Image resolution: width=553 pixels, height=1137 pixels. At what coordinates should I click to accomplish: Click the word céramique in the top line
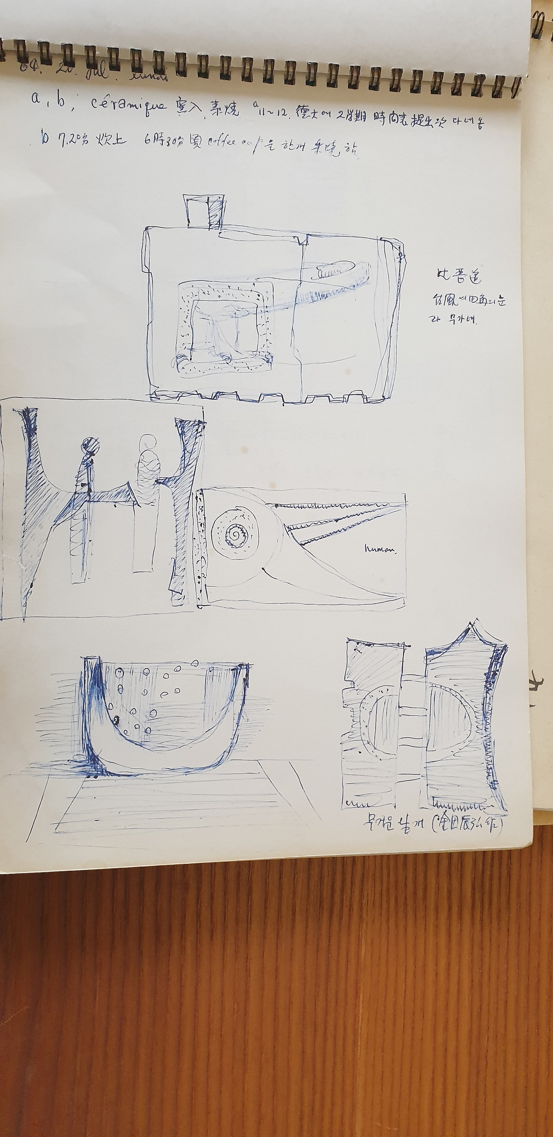tap(129, 105)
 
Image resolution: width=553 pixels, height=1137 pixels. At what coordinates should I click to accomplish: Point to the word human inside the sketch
tap(380, 549)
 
